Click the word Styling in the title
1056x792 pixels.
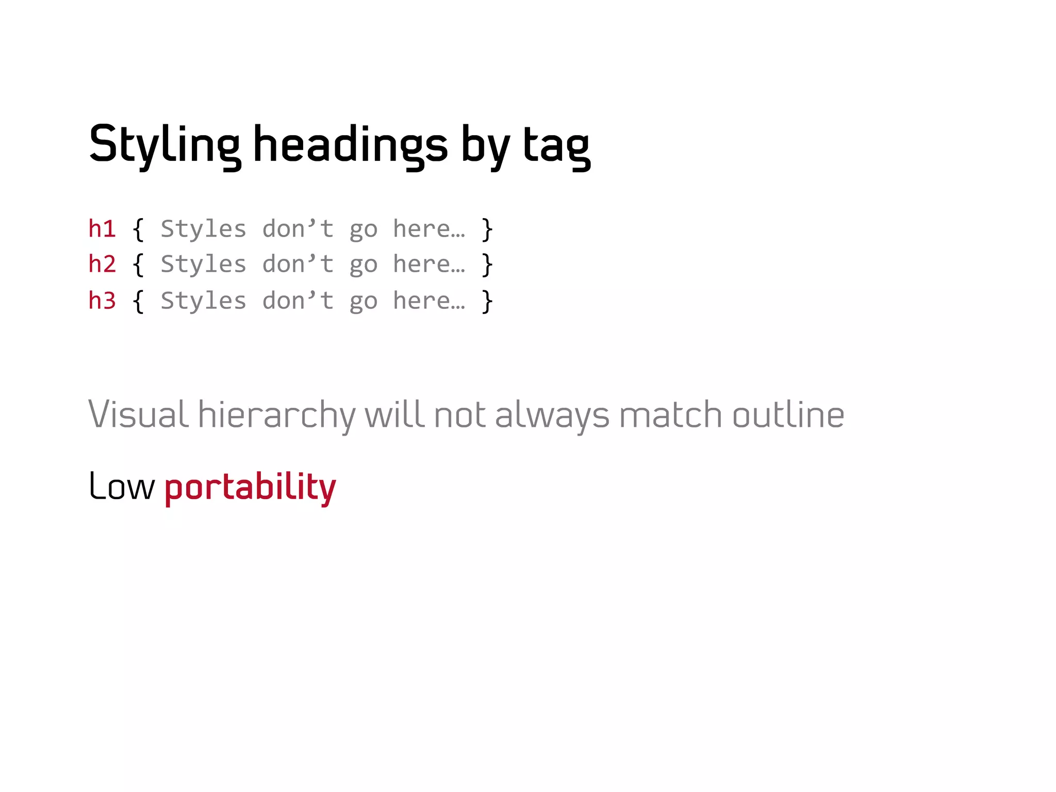(x=164, y=145)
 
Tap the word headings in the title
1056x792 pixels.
(x=351, y=145)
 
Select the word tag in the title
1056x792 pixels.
(x=556, y=146)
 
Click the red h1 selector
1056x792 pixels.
(x=102, y=229)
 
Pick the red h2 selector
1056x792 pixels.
(x=102, y=264)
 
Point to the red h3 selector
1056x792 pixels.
(x=102, y=301)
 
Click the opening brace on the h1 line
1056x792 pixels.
(x=138, y=229)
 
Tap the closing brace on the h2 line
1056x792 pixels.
(x=487, y=265)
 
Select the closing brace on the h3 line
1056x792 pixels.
(x=487, y=302)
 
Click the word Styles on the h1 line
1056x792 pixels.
(x=203, y=229)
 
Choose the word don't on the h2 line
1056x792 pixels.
(x=298, y=264)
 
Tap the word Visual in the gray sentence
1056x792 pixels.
(x=138, y=415)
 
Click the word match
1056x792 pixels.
(x=670, y=415)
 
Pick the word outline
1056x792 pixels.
(x=788, y=415)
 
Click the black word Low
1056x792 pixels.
(x=122, y=486)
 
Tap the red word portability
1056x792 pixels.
(x=251, y=487)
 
